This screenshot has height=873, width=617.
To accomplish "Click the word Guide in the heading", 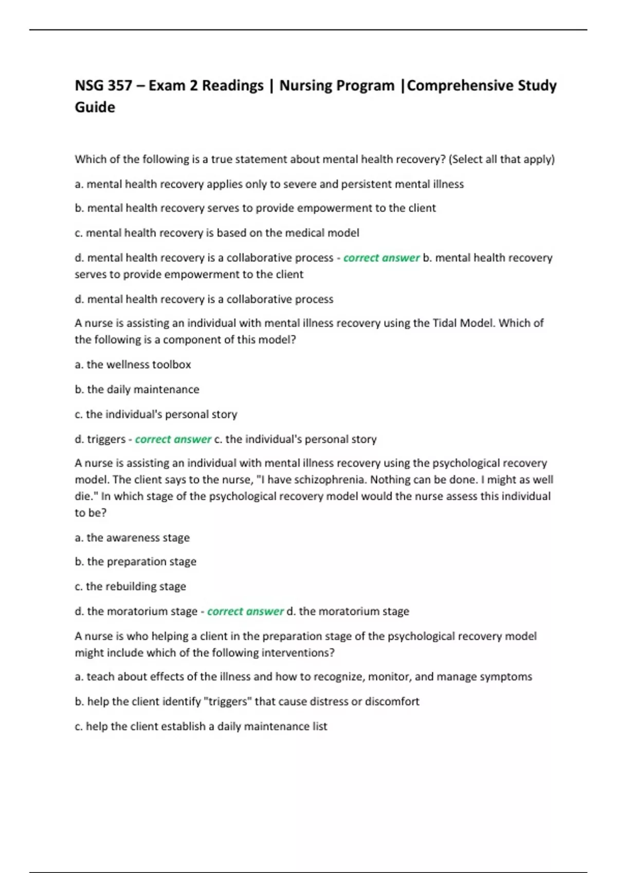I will pos(95,107).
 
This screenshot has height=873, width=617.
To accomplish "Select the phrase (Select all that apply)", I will pos(501,159).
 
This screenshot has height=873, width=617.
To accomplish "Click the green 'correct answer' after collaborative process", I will pos(381,258).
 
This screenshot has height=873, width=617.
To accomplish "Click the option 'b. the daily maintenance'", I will pos(137,389).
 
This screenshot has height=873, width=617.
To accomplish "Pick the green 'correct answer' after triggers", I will pos(173,439).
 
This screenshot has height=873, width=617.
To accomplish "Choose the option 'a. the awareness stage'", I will pos(132,538).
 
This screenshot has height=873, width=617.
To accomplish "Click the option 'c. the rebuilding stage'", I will pos(130,586).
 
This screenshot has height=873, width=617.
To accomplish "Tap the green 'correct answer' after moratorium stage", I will pos(245,611).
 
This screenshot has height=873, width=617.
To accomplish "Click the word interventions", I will pos(298,653).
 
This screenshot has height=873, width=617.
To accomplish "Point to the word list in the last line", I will pos(319,726).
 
